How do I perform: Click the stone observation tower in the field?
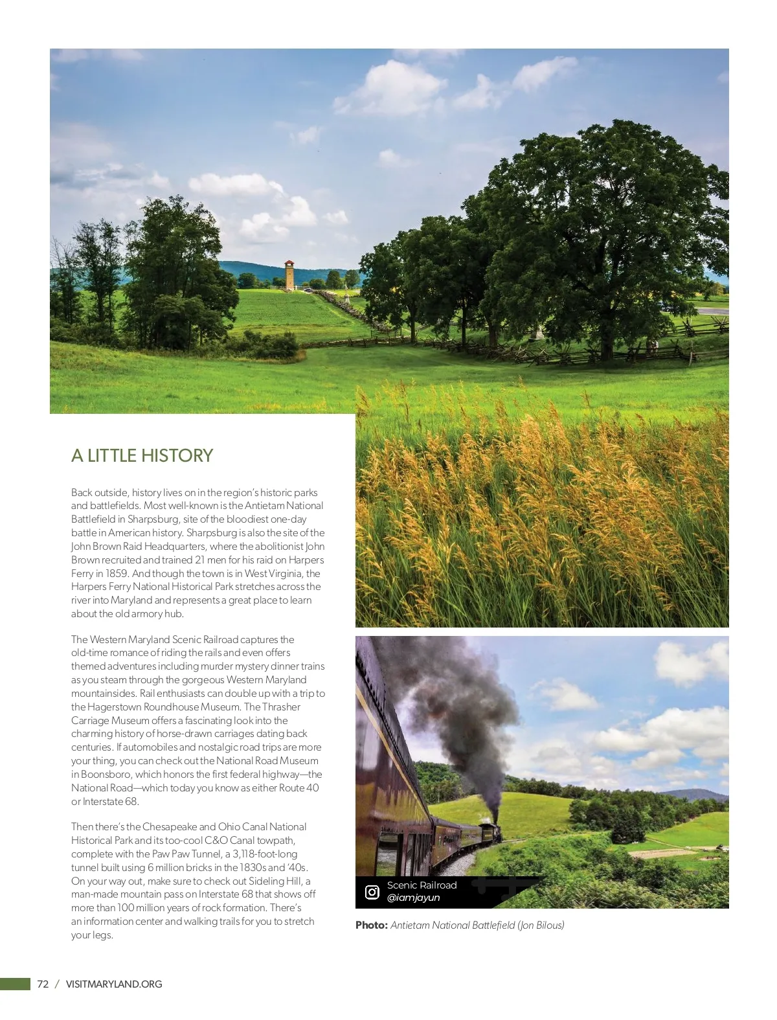(x=289, y=275)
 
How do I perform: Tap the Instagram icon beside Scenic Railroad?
(x=372, y=892)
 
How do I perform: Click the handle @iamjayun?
(x=413, y=898)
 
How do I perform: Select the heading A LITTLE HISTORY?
(x=142, y=455)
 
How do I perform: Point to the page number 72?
(x=43, y=984)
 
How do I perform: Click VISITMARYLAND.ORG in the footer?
(x=114, y=984)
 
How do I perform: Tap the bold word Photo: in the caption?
(x=371, y=925)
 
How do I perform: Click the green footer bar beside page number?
(x=15, y=984)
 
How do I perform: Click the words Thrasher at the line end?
(x=281, y=707)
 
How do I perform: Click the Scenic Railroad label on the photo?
(x=422, y=885)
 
